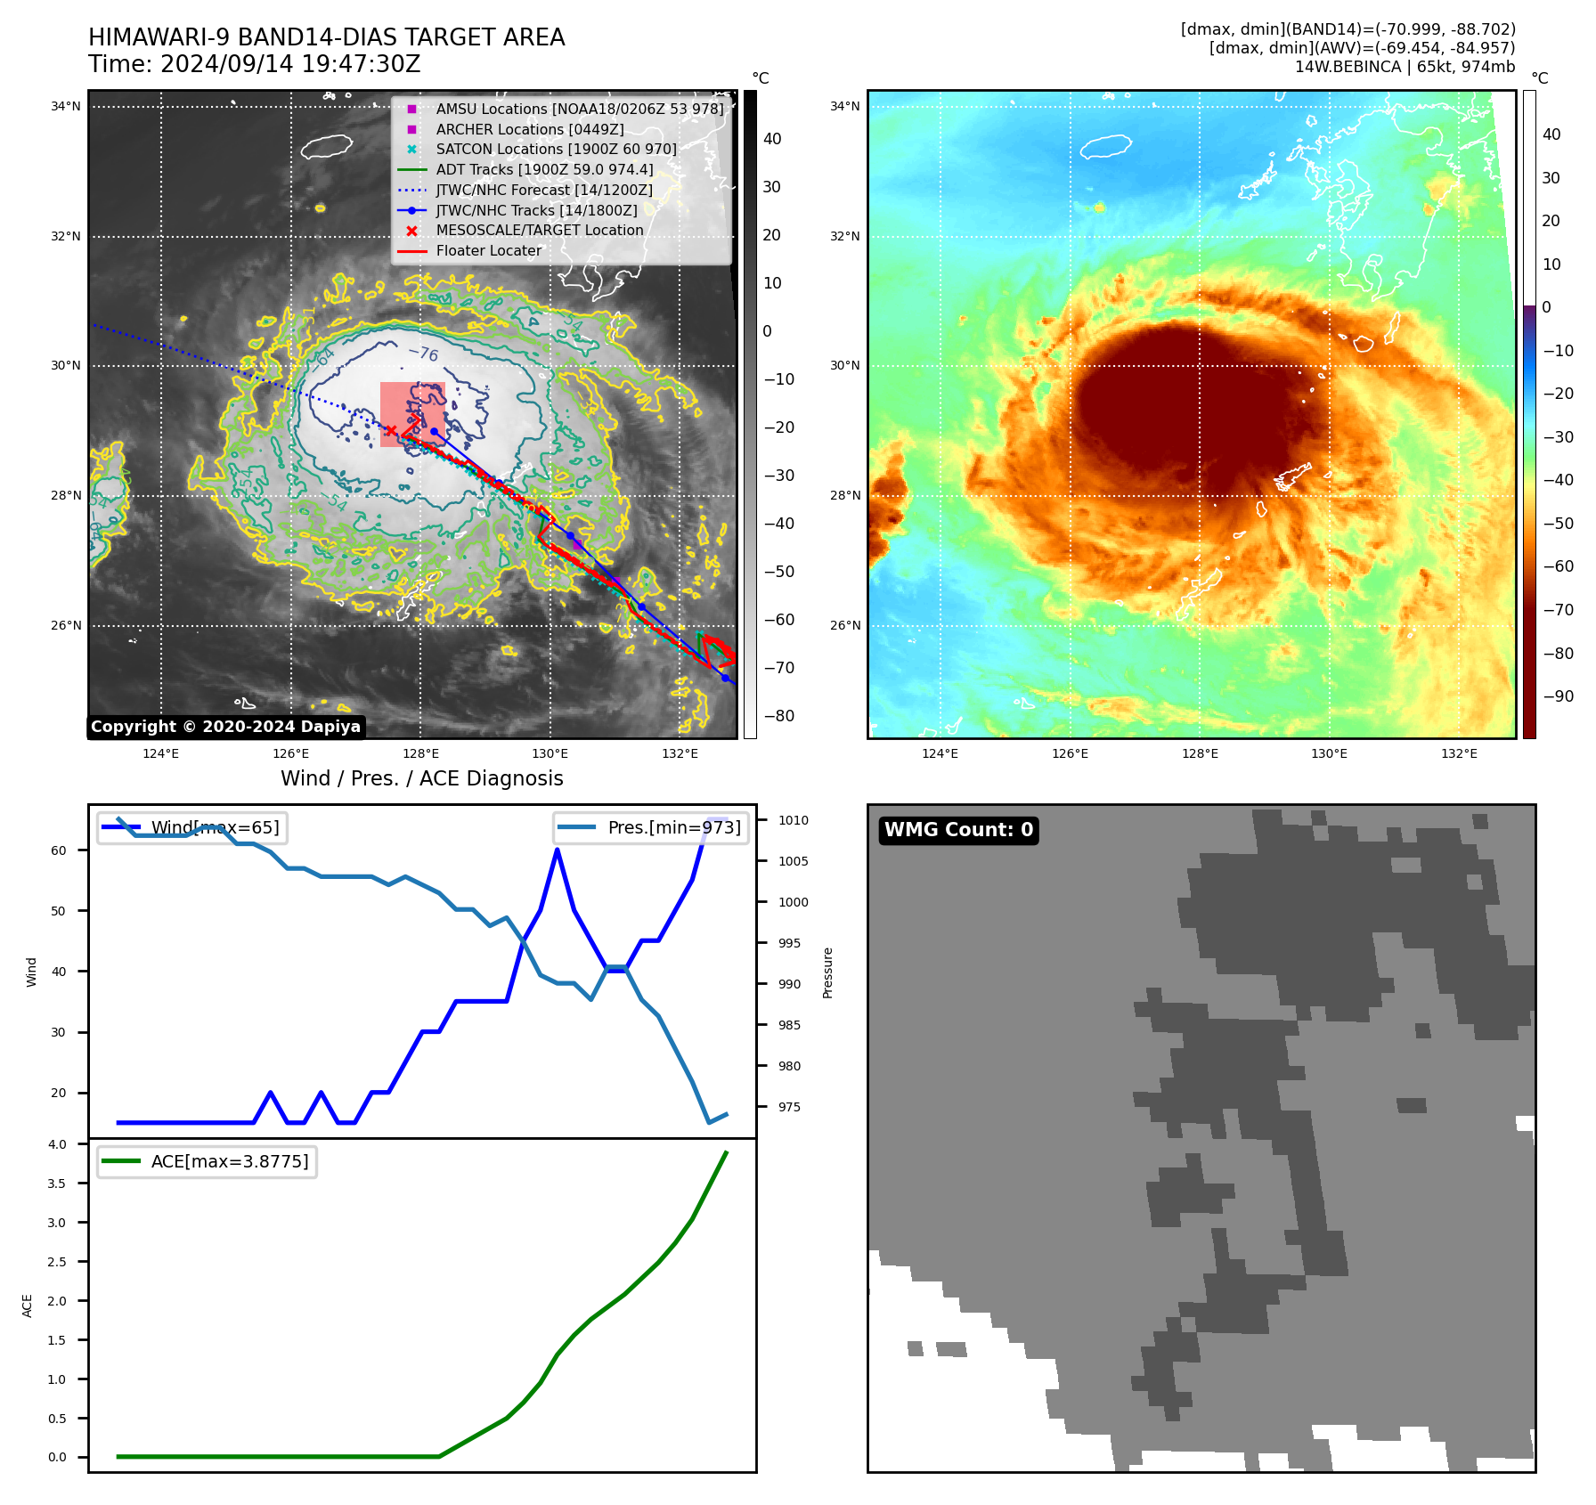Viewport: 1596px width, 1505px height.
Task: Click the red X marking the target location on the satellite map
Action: point(390,431)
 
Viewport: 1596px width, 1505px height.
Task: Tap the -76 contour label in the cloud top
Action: point(423,354)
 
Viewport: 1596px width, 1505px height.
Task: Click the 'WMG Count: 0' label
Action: point(958,830)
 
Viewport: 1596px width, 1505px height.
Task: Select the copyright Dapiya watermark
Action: point(225,727)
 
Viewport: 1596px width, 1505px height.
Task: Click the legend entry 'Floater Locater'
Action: point(488,251)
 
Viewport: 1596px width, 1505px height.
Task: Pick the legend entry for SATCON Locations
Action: point(556,150)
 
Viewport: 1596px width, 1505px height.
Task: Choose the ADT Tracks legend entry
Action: point(544,170)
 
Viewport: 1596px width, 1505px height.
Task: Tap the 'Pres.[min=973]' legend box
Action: point(651,828)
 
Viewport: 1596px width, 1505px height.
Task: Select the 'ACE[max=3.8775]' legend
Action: point(207,1162)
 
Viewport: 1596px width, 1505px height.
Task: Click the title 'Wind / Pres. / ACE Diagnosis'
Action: point(422,779)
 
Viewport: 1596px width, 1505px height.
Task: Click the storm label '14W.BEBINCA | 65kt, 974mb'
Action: point(1405,67)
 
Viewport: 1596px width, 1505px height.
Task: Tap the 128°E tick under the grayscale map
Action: point(420,754)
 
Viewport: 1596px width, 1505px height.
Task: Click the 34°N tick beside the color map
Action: point(845,107)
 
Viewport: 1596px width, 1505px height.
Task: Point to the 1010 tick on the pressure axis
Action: point(794,820)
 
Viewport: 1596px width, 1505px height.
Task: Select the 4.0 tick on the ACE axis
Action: point(57,1144)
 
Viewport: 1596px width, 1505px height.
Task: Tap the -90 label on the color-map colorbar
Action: point(1558,696)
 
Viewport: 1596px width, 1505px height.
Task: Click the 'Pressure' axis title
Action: point(828,972)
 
